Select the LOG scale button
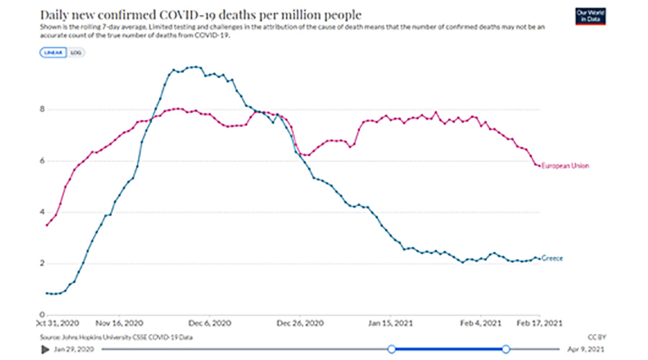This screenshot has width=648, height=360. point(76,53)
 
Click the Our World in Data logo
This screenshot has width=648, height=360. point(590,17)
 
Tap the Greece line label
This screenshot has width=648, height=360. point(553,258)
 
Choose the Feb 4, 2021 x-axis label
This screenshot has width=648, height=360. point(482,323)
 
